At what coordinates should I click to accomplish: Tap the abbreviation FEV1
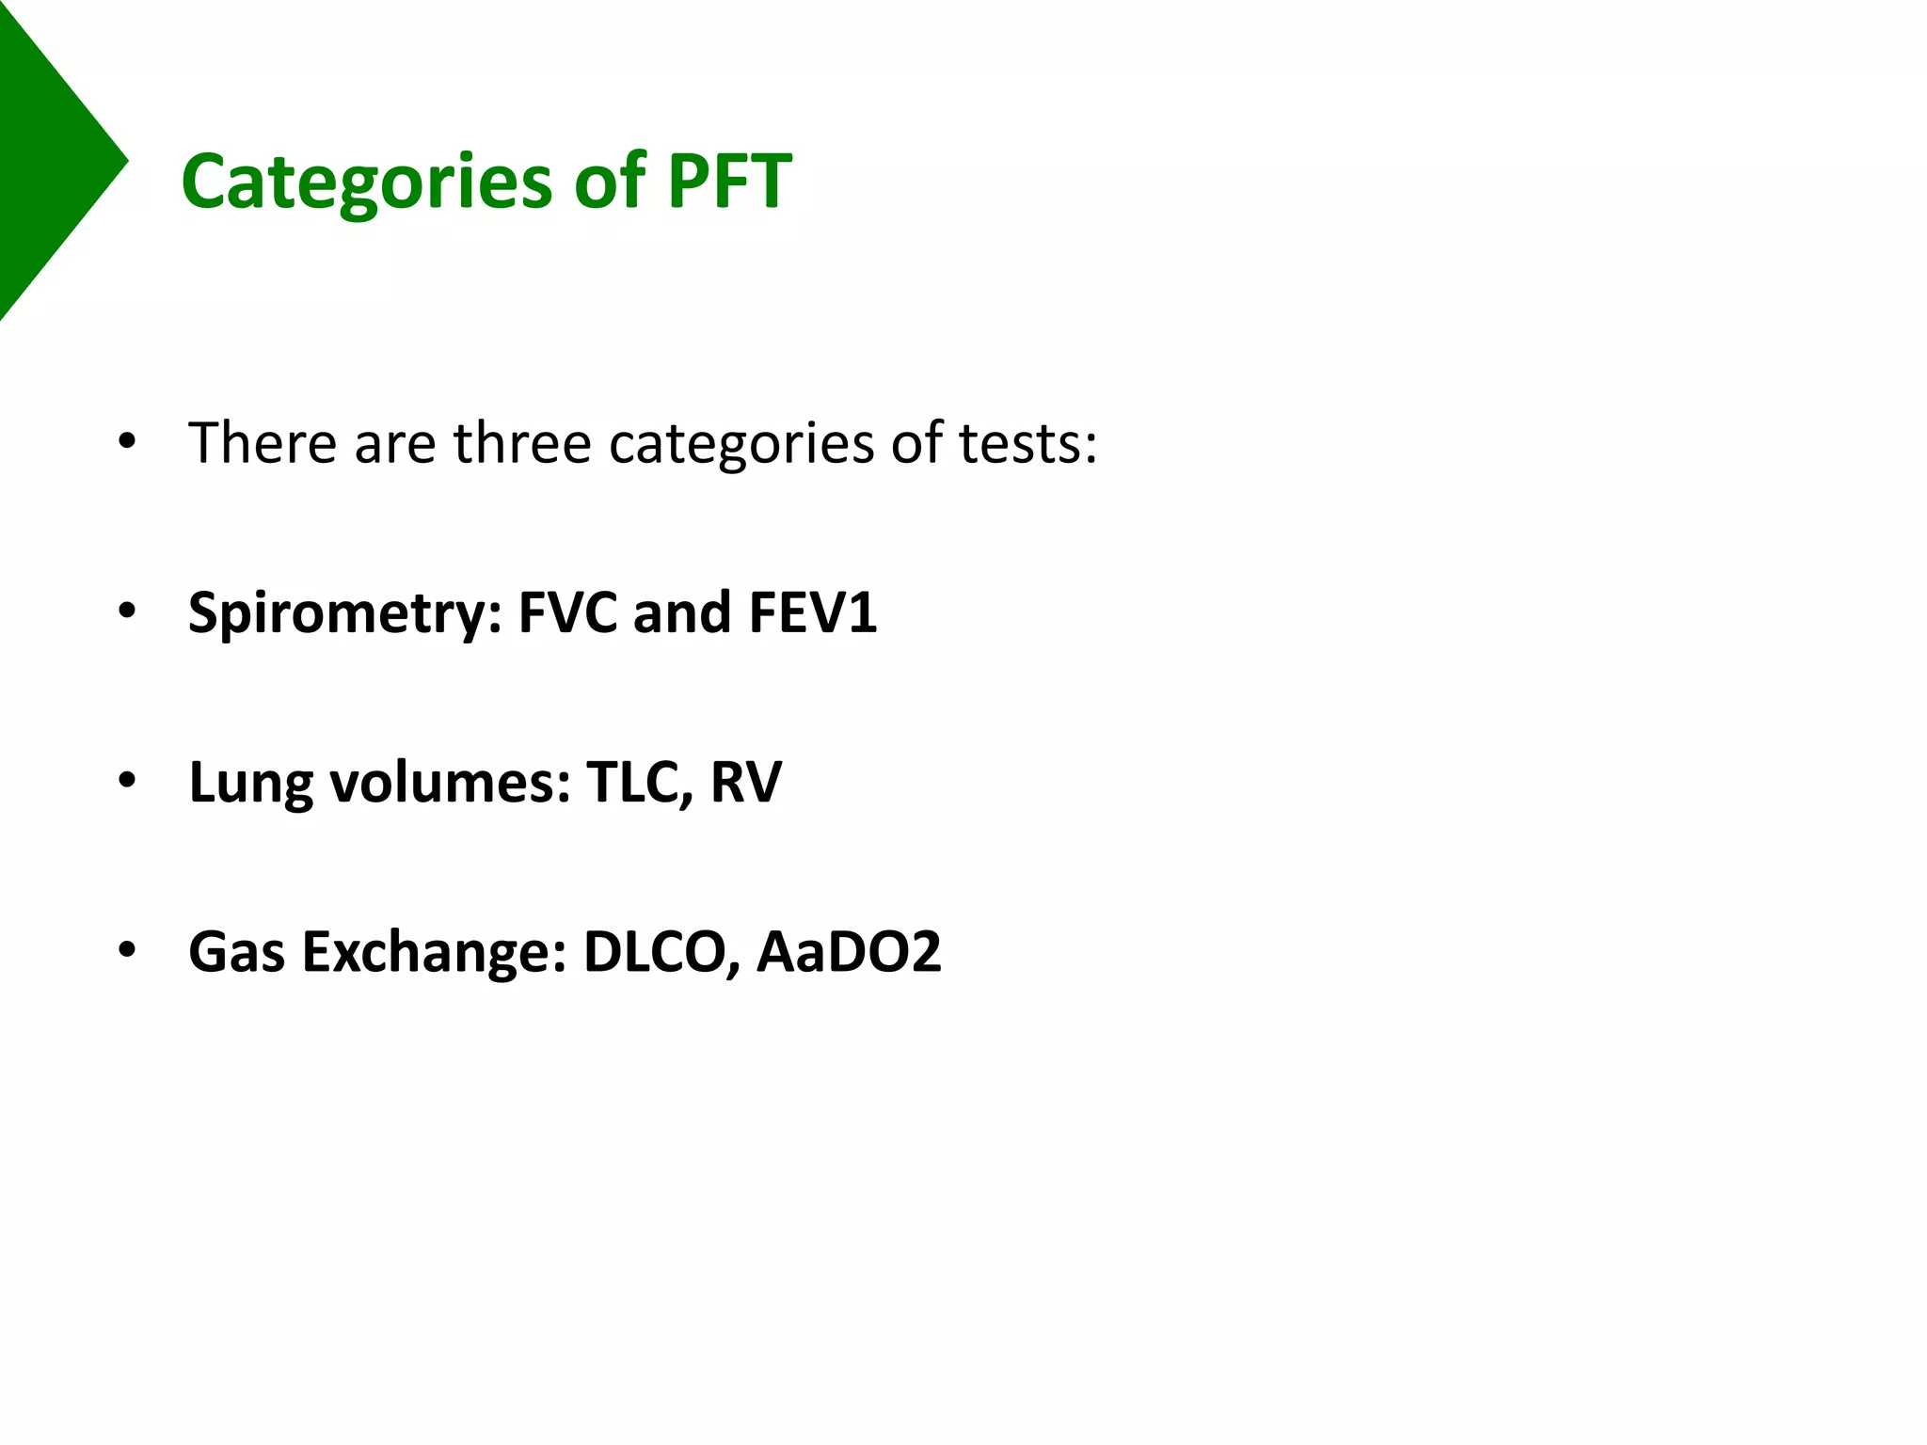click(813, 612)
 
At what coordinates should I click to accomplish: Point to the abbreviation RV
click(746, 782)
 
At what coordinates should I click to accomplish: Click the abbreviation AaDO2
click(849, 951)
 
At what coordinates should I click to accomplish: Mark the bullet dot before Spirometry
click(127, 612)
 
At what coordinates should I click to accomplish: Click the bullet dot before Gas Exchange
click(127, 951)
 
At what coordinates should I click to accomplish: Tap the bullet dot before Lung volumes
click(127, 782)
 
